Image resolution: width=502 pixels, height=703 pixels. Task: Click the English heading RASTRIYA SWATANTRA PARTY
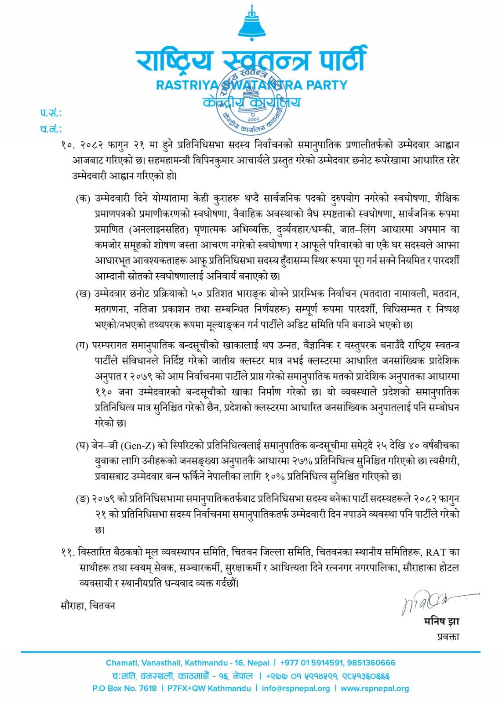pos(251,85)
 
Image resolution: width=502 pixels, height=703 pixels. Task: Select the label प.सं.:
pos(51,113)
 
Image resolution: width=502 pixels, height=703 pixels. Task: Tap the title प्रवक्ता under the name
pos(448,636)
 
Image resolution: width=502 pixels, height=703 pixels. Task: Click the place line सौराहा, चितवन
pos(88,605)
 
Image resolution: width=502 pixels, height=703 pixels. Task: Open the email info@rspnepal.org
pos(295,689)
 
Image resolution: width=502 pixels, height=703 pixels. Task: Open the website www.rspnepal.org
pos(375,689)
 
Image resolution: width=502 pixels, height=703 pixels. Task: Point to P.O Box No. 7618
pos(124,689)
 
